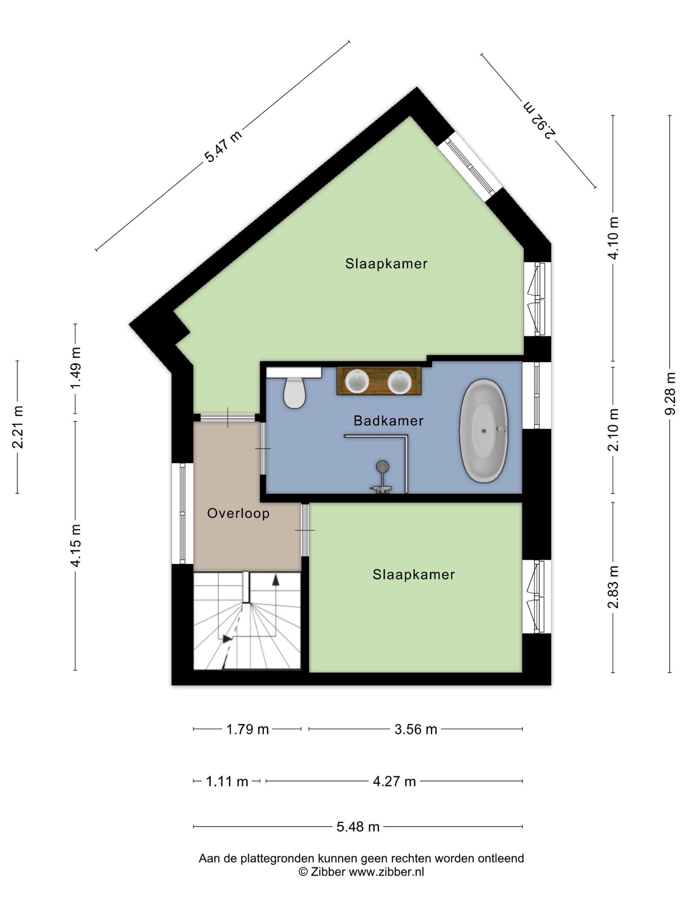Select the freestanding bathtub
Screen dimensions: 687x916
click(483, 430)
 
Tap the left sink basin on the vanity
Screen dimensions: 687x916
click(357, 381)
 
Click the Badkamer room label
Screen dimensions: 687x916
click(388, 421)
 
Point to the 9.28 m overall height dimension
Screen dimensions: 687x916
click(669, 393)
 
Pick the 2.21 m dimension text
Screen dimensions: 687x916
click(17, 427)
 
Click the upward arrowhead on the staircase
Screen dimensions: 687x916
click(275, 580)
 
